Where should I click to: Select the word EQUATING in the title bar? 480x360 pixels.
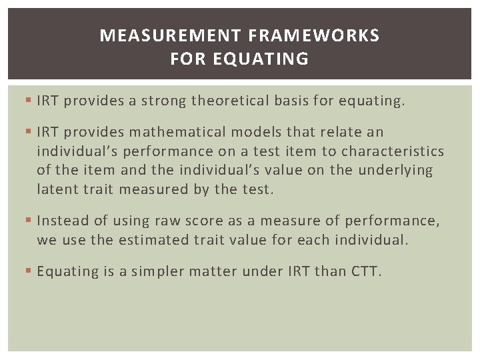coord(261,59)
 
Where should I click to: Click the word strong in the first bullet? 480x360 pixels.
coord(162,101)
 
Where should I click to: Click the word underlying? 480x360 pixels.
coord(395,170)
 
